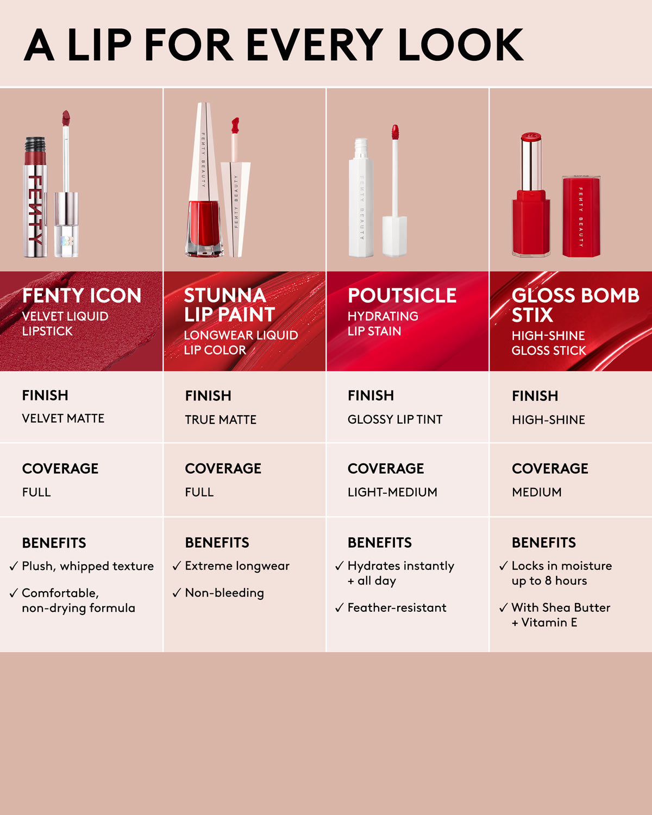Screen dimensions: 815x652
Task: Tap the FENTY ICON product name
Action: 81,296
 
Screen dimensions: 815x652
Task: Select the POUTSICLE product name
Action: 402,296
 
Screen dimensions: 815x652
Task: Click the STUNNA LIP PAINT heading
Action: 229,305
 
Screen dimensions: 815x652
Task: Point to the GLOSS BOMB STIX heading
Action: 575,305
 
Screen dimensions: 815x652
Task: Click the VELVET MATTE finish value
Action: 63,418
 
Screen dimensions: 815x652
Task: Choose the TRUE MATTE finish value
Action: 221,419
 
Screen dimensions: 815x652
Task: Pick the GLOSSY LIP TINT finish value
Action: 395,419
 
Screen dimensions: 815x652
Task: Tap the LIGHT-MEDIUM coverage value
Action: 392,492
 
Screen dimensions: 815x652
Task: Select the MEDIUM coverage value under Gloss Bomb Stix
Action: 537,492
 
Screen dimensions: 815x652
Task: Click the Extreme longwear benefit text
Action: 237,566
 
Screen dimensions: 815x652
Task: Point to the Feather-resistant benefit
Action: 397,607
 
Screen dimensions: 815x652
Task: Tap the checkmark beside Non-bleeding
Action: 177,593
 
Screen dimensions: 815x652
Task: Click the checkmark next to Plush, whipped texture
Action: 14,566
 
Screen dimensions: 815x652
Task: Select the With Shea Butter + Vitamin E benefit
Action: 561,615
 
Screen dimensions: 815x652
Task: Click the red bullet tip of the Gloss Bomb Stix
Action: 531,137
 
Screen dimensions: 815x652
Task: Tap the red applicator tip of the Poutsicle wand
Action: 395,132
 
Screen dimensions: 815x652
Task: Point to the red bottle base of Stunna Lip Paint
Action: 204,225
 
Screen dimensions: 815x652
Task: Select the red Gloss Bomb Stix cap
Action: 581,216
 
